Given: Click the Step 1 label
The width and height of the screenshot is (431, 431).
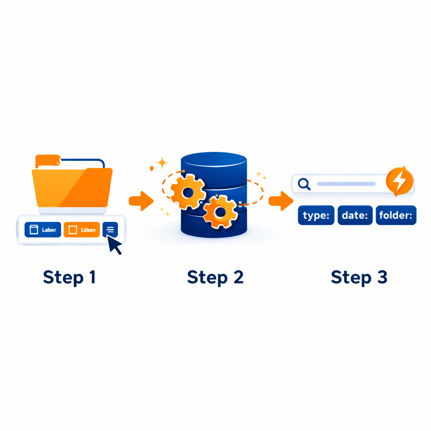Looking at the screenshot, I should pos(69,277).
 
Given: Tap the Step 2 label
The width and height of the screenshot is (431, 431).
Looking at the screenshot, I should pos(215,277).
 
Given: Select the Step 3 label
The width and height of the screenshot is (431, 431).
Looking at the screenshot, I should pos(359,277).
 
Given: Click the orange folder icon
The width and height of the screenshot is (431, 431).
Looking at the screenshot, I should pos(72,185).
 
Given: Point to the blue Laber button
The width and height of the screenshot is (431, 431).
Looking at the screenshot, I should pos(43,230).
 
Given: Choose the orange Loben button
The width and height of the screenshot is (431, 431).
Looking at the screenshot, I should pos(82,230).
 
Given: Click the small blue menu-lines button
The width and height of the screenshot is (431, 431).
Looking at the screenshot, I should pos(110,229).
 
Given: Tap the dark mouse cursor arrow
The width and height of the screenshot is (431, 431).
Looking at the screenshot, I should pos(115,245).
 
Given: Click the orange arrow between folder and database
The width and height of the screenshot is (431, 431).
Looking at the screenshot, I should pos(141,201).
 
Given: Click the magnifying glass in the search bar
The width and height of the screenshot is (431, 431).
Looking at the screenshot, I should pos(304,184).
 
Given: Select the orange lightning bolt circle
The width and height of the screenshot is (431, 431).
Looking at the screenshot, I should pos(399,181).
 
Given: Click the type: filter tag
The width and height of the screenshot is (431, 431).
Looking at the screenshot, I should pos(316,215).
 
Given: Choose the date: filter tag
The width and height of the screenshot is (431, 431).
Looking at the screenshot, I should pos(355,215).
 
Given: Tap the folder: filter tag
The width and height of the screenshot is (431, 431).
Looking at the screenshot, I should pos(396,215).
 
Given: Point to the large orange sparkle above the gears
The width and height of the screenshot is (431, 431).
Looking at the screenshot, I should pos(162,163).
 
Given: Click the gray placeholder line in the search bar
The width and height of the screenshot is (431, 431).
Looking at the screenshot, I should pos(346,184).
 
